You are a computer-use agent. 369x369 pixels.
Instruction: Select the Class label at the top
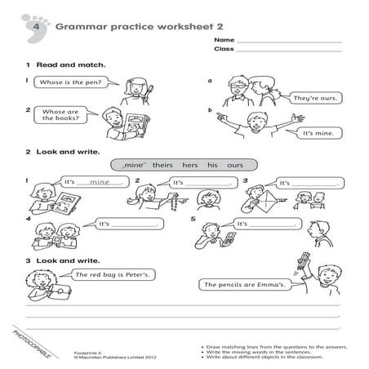pyautogui.click(x=224, y=49)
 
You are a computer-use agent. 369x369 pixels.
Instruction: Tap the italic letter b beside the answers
pyautogui.click(x=210, y=110)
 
